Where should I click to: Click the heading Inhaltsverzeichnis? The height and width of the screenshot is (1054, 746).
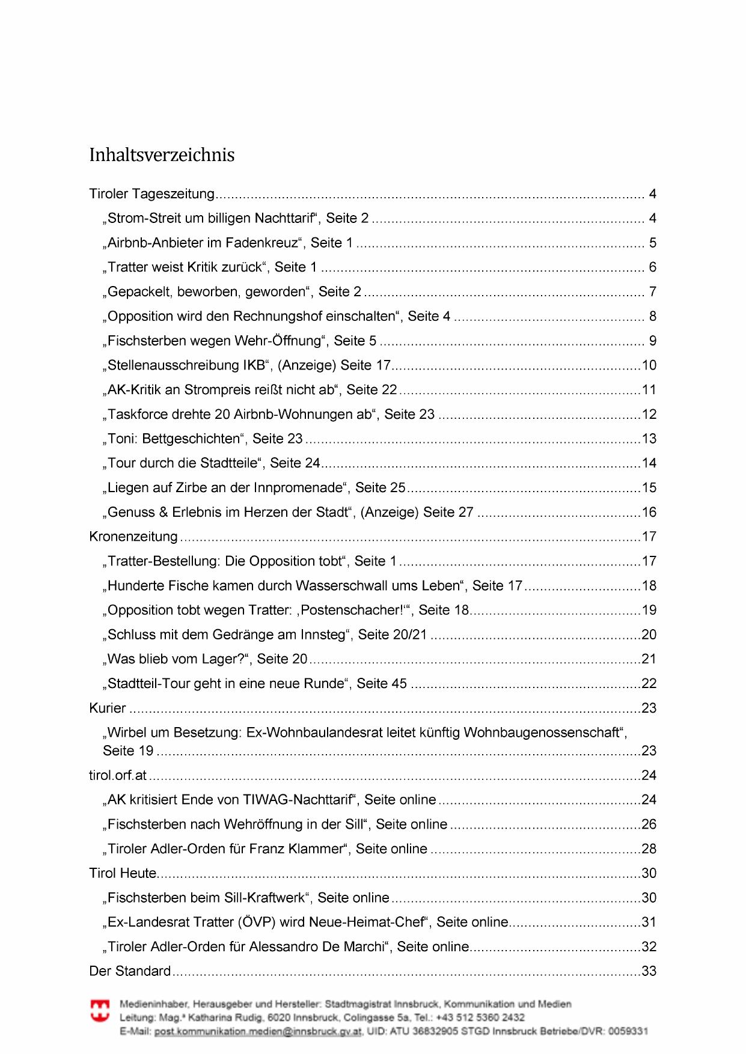(162, 155)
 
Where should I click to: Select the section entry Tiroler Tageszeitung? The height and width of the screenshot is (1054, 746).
(151, 194)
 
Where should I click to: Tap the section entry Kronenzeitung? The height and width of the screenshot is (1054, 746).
(133, 537)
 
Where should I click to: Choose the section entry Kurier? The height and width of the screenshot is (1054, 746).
(108, 708)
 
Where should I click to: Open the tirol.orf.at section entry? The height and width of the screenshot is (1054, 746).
(118, 775)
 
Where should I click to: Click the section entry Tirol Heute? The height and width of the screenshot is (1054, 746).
(123, 873)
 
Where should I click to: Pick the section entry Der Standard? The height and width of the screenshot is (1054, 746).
(130, 971)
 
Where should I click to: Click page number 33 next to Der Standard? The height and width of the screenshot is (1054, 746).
(649, 971)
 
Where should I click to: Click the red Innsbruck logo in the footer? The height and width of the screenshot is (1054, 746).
(100, 1011)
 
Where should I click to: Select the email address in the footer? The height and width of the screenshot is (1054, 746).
(258, 1032)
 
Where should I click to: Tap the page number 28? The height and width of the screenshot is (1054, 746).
(649, 849)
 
